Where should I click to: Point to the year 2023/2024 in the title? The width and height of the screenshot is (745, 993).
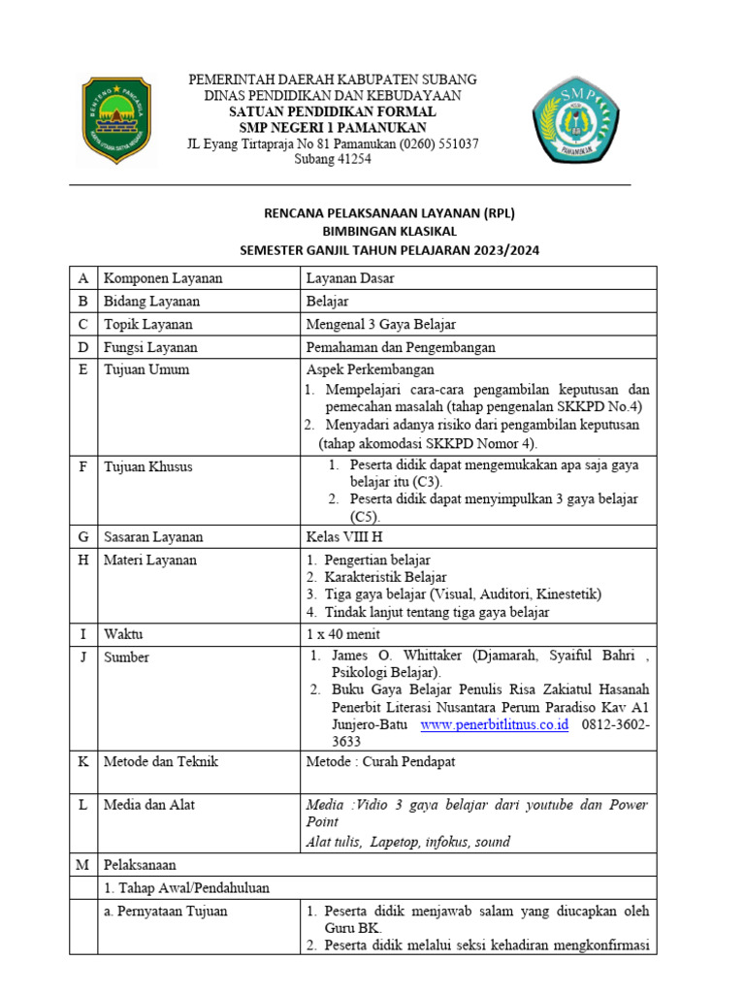(502, 250)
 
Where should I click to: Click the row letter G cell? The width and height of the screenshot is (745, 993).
(83, 536)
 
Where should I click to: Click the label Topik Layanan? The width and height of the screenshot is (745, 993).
(148, 324)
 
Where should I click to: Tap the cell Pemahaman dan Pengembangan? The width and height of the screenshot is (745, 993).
(401, 347)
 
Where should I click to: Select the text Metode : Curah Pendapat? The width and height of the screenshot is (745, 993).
(380, 762)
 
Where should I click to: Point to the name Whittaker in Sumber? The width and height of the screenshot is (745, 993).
(426, 656)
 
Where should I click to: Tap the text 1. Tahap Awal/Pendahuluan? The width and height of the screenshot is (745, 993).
(186, 887)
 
